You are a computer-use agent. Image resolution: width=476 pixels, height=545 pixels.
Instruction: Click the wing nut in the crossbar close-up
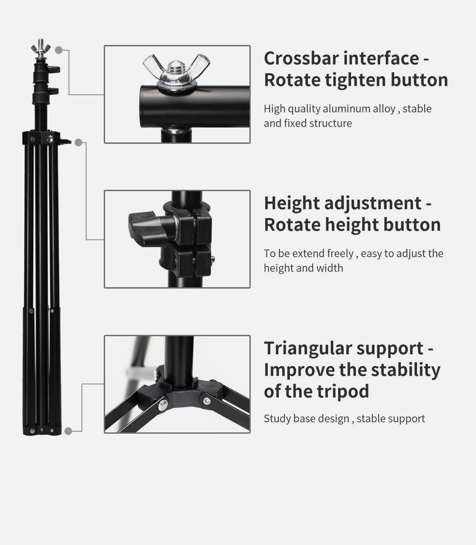click(x=177, y=72)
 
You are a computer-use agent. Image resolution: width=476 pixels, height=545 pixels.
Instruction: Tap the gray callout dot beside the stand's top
click(x=59, y=51)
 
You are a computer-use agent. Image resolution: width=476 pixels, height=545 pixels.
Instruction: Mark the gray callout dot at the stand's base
click(x=68, y=431)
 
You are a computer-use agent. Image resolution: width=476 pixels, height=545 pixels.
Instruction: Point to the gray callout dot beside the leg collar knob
click(x=78, y=142)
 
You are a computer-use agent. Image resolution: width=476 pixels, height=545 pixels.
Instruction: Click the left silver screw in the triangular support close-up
click(x=163, y=405)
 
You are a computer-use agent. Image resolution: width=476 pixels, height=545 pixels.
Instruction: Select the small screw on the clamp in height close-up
click(x=213, y=259)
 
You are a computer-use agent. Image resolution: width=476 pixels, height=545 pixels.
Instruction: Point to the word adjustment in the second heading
click(x=372, y=204)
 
